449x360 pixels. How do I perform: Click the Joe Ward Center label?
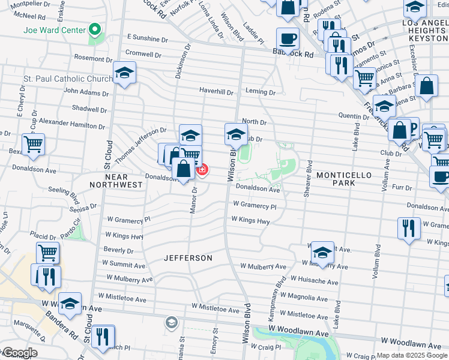(x=53, y=29)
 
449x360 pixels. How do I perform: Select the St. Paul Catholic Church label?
(x=68, y=79)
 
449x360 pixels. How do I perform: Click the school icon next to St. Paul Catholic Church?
(x=124, y=74)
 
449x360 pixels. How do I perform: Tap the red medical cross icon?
(x=203, y=170)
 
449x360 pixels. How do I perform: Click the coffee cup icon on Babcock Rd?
(x=288, y=40)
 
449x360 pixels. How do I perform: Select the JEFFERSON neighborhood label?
(x=188, y=258)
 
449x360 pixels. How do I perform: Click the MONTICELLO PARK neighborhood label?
(x=345, y=175)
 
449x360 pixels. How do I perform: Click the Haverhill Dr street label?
(x=216, y=92)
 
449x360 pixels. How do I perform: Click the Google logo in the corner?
(x=19, y=353)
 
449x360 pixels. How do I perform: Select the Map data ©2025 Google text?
(x=412, y=355)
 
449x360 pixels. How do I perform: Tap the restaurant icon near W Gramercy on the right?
(x=409, y=229)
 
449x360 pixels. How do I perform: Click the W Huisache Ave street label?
(x=314, y=280)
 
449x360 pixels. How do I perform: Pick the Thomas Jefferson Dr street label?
(x=140, y=145)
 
